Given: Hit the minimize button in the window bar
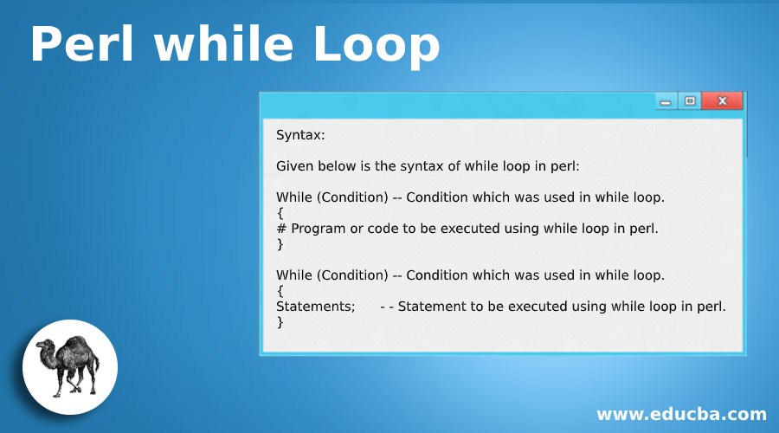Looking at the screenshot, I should coord(666,102).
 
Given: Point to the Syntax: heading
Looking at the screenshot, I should coord(300,134).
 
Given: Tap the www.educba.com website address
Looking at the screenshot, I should coord(681,413).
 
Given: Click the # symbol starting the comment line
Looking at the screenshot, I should coord(281,229).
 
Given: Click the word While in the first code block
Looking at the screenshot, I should coord(294,197).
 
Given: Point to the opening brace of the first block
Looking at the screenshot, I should coord(280,213).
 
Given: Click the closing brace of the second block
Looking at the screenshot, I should coord(280,322).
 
